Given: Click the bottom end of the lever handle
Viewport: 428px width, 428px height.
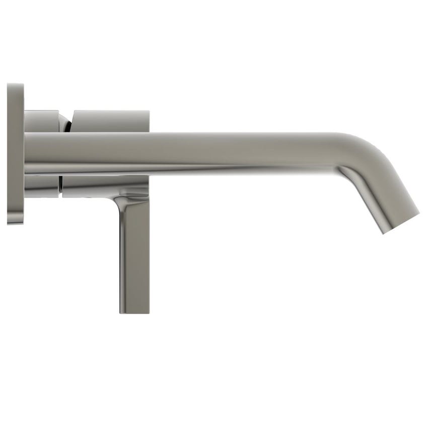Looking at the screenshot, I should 134,310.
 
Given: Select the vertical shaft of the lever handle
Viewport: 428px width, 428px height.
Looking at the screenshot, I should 134,252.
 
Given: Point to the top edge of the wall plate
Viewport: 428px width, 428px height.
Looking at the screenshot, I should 16,85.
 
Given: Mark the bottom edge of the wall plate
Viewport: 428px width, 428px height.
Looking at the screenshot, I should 16,223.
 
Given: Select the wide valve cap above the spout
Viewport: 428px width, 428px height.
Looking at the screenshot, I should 111,121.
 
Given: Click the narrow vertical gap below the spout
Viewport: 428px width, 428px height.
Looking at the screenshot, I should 60,186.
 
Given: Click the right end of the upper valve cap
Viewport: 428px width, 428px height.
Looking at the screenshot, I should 147,121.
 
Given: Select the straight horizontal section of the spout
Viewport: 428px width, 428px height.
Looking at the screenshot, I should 201,151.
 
